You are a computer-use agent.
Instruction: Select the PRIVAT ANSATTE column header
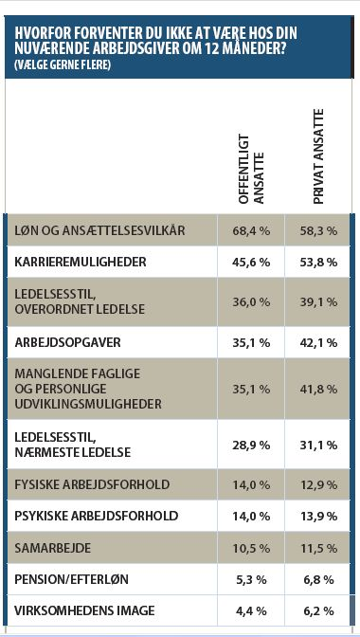point(318,156)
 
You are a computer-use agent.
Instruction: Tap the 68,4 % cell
point(252,230)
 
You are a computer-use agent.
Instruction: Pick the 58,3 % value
point(318,230)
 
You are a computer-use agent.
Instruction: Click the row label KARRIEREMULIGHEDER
point(80,262)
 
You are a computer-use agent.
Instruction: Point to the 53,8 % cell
point(318,262)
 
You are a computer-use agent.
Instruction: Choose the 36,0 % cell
point(252,301)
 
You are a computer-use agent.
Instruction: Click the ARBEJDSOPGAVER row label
point(67,342)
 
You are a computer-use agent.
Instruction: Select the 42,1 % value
point(318,342)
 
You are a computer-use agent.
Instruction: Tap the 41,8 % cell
point(318,389)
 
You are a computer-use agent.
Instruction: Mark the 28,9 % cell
point(252,445)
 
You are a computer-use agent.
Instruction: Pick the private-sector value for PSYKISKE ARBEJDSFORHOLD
point(318,516)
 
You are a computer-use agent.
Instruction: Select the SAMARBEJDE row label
point(53,548)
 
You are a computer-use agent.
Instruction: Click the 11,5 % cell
point(318,548)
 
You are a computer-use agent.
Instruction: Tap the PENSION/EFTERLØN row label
point(71,579)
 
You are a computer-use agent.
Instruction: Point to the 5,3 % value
point(252,579)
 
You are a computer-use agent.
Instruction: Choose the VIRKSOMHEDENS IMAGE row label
point(84,610)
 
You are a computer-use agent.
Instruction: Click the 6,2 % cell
point(318,610)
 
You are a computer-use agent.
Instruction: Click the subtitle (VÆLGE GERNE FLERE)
point(62,65)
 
